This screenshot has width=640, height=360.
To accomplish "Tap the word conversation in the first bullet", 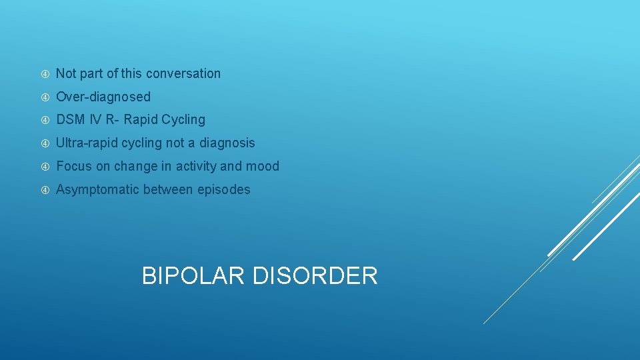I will point(183,73).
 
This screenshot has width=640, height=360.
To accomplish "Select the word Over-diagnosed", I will point(103,97).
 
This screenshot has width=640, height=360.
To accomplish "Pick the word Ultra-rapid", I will point(87,143).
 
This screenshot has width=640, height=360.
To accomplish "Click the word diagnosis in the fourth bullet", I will point(227,143).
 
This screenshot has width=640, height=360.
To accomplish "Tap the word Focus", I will point(74,166).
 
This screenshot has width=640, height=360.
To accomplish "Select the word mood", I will point(263,166).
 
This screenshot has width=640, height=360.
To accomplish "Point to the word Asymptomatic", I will point(97,189).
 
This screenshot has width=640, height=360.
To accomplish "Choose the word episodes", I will point(224,189).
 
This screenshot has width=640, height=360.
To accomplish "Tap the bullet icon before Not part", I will point(45,73).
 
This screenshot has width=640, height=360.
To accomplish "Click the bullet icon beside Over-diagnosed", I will point(45,97).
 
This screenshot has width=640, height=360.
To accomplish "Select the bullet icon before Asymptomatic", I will point(45,189).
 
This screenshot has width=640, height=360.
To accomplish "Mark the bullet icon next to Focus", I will point(45,166).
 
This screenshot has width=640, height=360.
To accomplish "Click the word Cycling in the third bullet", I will point(183,120).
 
